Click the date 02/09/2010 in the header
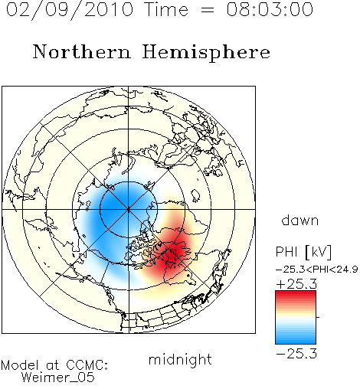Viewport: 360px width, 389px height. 70,10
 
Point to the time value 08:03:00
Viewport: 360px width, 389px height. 270,9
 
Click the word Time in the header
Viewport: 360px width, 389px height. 166,9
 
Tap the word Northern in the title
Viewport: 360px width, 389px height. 82,52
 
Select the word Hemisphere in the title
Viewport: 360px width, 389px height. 206,53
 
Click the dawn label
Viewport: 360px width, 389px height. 300,220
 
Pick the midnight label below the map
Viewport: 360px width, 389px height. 180,359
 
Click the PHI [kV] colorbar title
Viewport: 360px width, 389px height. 303,252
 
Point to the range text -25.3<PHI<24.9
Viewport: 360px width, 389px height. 316,270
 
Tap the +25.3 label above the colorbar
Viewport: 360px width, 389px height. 296,284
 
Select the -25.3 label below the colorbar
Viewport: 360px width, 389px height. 296,354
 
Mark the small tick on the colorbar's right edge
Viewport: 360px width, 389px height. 318,317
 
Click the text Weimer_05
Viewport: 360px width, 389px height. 58,378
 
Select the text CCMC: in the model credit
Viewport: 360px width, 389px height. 87,365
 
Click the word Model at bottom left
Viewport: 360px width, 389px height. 20,365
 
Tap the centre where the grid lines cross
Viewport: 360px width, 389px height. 129,209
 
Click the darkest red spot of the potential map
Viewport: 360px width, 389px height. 176,251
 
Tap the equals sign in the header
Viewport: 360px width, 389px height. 208,10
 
